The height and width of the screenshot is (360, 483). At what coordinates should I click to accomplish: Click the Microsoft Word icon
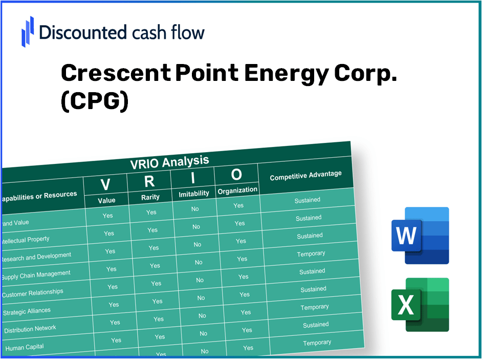click(x=420, y=236)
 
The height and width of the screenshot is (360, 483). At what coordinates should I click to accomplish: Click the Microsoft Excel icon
click(x=420, y=305)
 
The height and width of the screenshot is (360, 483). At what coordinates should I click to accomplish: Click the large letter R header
click(x=149, y=181)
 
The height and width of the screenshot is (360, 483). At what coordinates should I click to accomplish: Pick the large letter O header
click(x=236, y=175)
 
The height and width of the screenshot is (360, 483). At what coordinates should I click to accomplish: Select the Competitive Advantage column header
click(x=305, y=176)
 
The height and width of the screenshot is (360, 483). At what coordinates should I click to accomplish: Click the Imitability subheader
click(x=194, y=194)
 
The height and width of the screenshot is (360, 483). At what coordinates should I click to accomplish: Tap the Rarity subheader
click(x=150, y=197)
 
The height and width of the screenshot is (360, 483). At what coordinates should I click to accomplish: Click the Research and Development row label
click(x=36, y=257)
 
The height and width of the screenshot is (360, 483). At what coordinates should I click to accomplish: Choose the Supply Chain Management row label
click(x=36, y=275)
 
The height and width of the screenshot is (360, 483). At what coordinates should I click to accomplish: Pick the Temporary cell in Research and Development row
click(x=311, y=254)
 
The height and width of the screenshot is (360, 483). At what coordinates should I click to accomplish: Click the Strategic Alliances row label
click(x=27, y=311)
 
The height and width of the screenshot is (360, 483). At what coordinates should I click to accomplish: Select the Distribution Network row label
click(x=30, y=329)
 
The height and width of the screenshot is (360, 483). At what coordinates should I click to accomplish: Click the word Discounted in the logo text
click(x=82, y=32)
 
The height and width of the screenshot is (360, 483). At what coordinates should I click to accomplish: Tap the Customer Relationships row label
click(x=32, y=293)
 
